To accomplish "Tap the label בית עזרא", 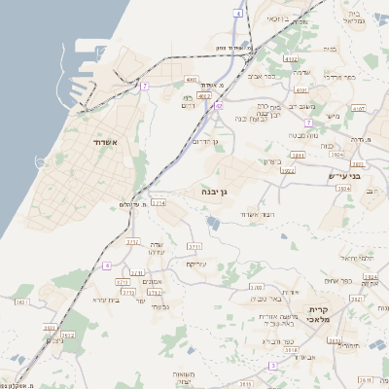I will click(105, 300).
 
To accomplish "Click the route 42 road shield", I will click(220, 106).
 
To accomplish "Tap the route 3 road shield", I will click(273, 366).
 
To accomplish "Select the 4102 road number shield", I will click(291, 59).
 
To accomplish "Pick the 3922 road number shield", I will click(287, 170).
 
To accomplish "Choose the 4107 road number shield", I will click(360, 109).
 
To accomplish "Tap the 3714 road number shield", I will click(159, 203).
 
